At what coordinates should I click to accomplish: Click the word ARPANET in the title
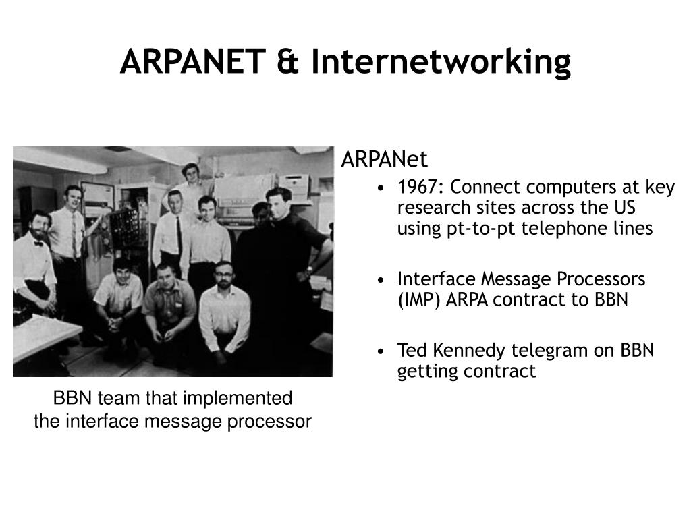[192, 61]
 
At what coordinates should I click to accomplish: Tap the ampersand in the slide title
[287, 61]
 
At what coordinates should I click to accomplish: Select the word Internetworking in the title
[441, 62]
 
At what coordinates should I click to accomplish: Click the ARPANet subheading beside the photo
[384, 159]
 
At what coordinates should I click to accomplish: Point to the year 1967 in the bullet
[420, 187]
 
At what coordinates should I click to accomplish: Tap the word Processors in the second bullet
[601, 279]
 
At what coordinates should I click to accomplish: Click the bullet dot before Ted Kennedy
[381, 351]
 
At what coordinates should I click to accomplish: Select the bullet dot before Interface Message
[381, 280]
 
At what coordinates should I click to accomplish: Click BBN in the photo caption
[72, 398]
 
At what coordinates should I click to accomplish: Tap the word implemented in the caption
[237, 399]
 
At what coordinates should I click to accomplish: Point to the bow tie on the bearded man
[38, 243]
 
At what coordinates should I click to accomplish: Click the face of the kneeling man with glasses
[224, 276]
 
